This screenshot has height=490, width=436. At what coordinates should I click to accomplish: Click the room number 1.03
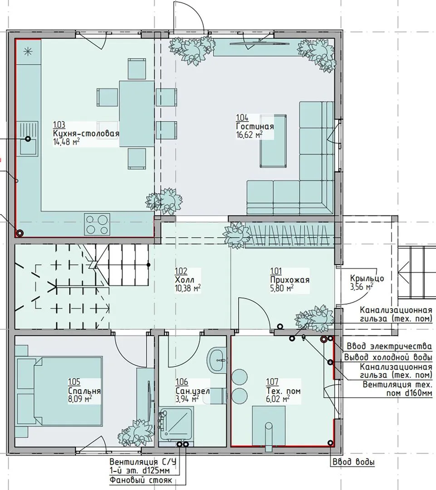pyautogui.click(x=59, y=125)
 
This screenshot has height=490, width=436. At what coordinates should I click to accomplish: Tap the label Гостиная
pyautogui.click(x=255, y=126)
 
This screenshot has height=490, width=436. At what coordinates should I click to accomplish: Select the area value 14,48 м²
pyautogui.click(x=66, y=142)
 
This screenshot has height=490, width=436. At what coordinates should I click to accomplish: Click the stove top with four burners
pyautogui.click(x=97, y=225)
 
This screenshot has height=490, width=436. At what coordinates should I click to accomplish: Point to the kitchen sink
pyautogui.click(x=29, y=139)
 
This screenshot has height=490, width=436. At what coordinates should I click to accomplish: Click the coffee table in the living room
pyautogui.click(x=273, y=141)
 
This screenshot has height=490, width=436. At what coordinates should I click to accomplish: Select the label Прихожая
pyautogui.click(x=290, y=279)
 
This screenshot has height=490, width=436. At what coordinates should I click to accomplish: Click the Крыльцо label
pyautogui.click(x=367, y=278)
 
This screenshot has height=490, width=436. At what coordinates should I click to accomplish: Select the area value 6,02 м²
pyautogui.click(x=278, y=399)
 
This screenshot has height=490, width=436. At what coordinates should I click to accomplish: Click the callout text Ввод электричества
pyautogui.click(x=389, y=347)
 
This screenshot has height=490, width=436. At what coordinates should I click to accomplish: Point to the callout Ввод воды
pyautogui.click(x=353, y=462)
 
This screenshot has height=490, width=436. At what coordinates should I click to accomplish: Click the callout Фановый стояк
pyautogui.click(x=141, y=480)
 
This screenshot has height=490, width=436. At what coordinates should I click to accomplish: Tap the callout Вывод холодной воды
pyautogui.click(x=388, y=357)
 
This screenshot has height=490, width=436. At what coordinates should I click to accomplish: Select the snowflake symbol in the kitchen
pyautogui.click(x=28, y=52)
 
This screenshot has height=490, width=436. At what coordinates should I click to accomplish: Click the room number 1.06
pyautogui.click(x=181, y=382)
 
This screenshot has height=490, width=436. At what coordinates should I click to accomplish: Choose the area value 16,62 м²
pyautogui.click(x=249, y=135)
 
